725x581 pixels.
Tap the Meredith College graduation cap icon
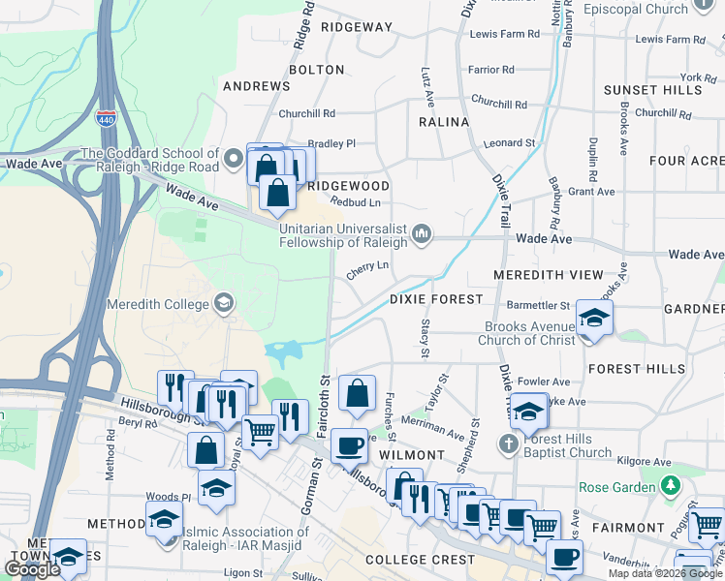[x=224, y=304]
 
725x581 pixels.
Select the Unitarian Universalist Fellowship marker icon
[x=422, y=233]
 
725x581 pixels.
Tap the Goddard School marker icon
[x=233, y=158]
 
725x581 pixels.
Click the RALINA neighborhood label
[x=443, y=122]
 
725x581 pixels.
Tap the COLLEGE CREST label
[x=421, y=560]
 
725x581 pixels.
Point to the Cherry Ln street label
[x=367, y=268]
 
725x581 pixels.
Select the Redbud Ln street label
[x=355, y=202]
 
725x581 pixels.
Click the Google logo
[x=32, y=569]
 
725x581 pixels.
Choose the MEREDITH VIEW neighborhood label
[x=548, y=275]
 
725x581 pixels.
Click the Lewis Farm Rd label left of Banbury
[x=504, y=34]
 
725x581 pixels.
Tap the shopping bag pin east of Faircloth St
[x=357, y=393]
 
